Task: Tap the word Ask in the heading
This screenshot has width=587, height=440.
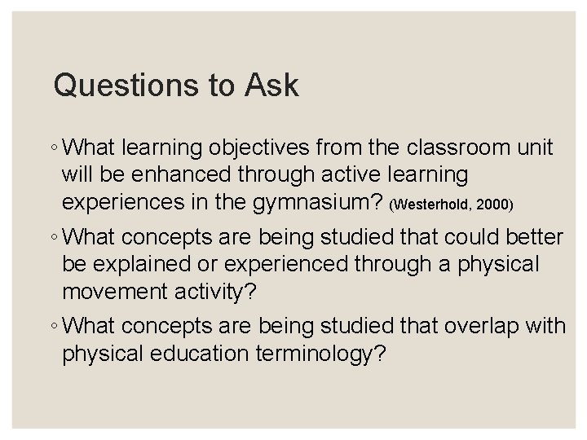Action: (270, 86)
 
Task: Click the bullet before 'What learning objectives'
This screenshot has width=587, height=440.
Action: (52, 150)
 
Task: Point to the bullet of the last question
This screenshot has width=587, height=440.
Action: (52, 327)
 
